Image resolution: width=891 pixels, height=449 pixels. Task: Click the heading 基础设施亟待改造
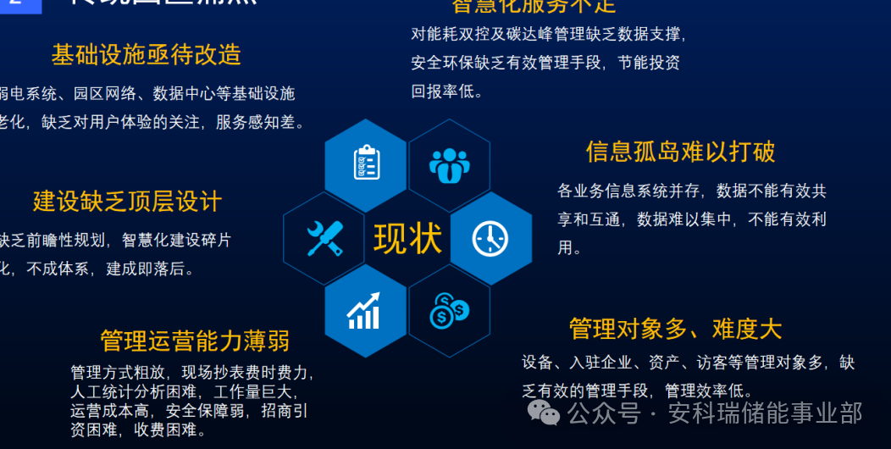pos(146,55)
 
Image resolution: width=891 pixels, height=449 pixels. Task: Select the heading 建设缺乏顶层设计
pos(127,202)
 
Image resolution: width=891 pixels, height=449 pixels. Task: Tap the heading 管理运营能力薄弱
pos(195,341)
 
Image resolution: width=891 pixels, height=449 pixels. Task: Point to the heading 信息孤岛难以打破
pos(680,152)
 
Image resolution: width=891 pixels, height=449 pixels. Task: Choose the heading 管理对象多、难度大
pos(675,329)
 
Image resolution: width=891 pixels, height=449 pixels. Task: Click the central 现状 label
pos(407,239)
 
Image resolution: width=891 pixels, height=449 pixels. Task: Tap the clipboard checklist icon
pos(366,163)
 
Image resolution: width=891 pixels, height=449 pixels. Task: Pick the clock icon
pos(490,239)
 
